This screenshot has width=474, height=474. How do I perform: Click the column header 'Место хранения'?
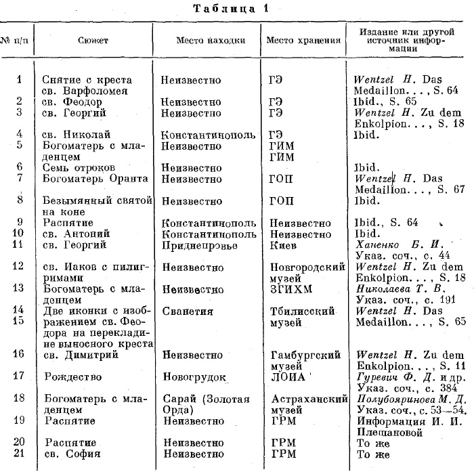click(302, 40)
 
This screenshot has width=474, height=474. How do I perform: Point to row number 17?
click(19, 376)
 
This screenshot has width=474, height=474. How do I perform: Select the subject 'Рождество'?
click(73, 376)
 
